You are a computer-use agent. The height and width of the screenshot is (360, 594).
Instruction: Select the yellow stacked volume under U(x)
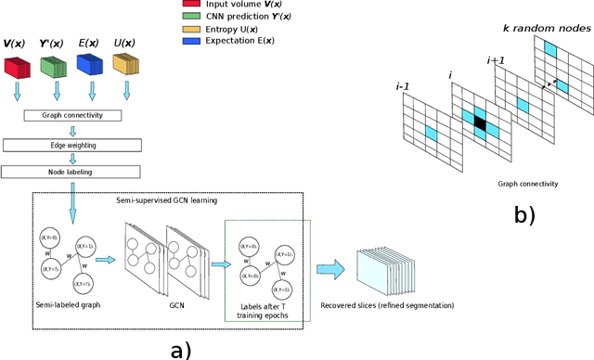pyautogui.click(x=126, y=66)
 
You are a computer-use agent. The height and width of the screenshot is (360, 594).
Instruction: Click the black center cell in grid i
pyautogui.click(x=479, y=122)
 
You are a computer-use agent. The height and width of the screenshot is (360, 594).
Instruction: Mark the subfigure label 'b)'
pyautogui.click(x=526, y=216)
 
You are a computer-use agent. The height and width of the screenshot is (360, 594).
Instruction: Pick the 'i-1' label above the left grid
pyautogui.click(x=404, y=86)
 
